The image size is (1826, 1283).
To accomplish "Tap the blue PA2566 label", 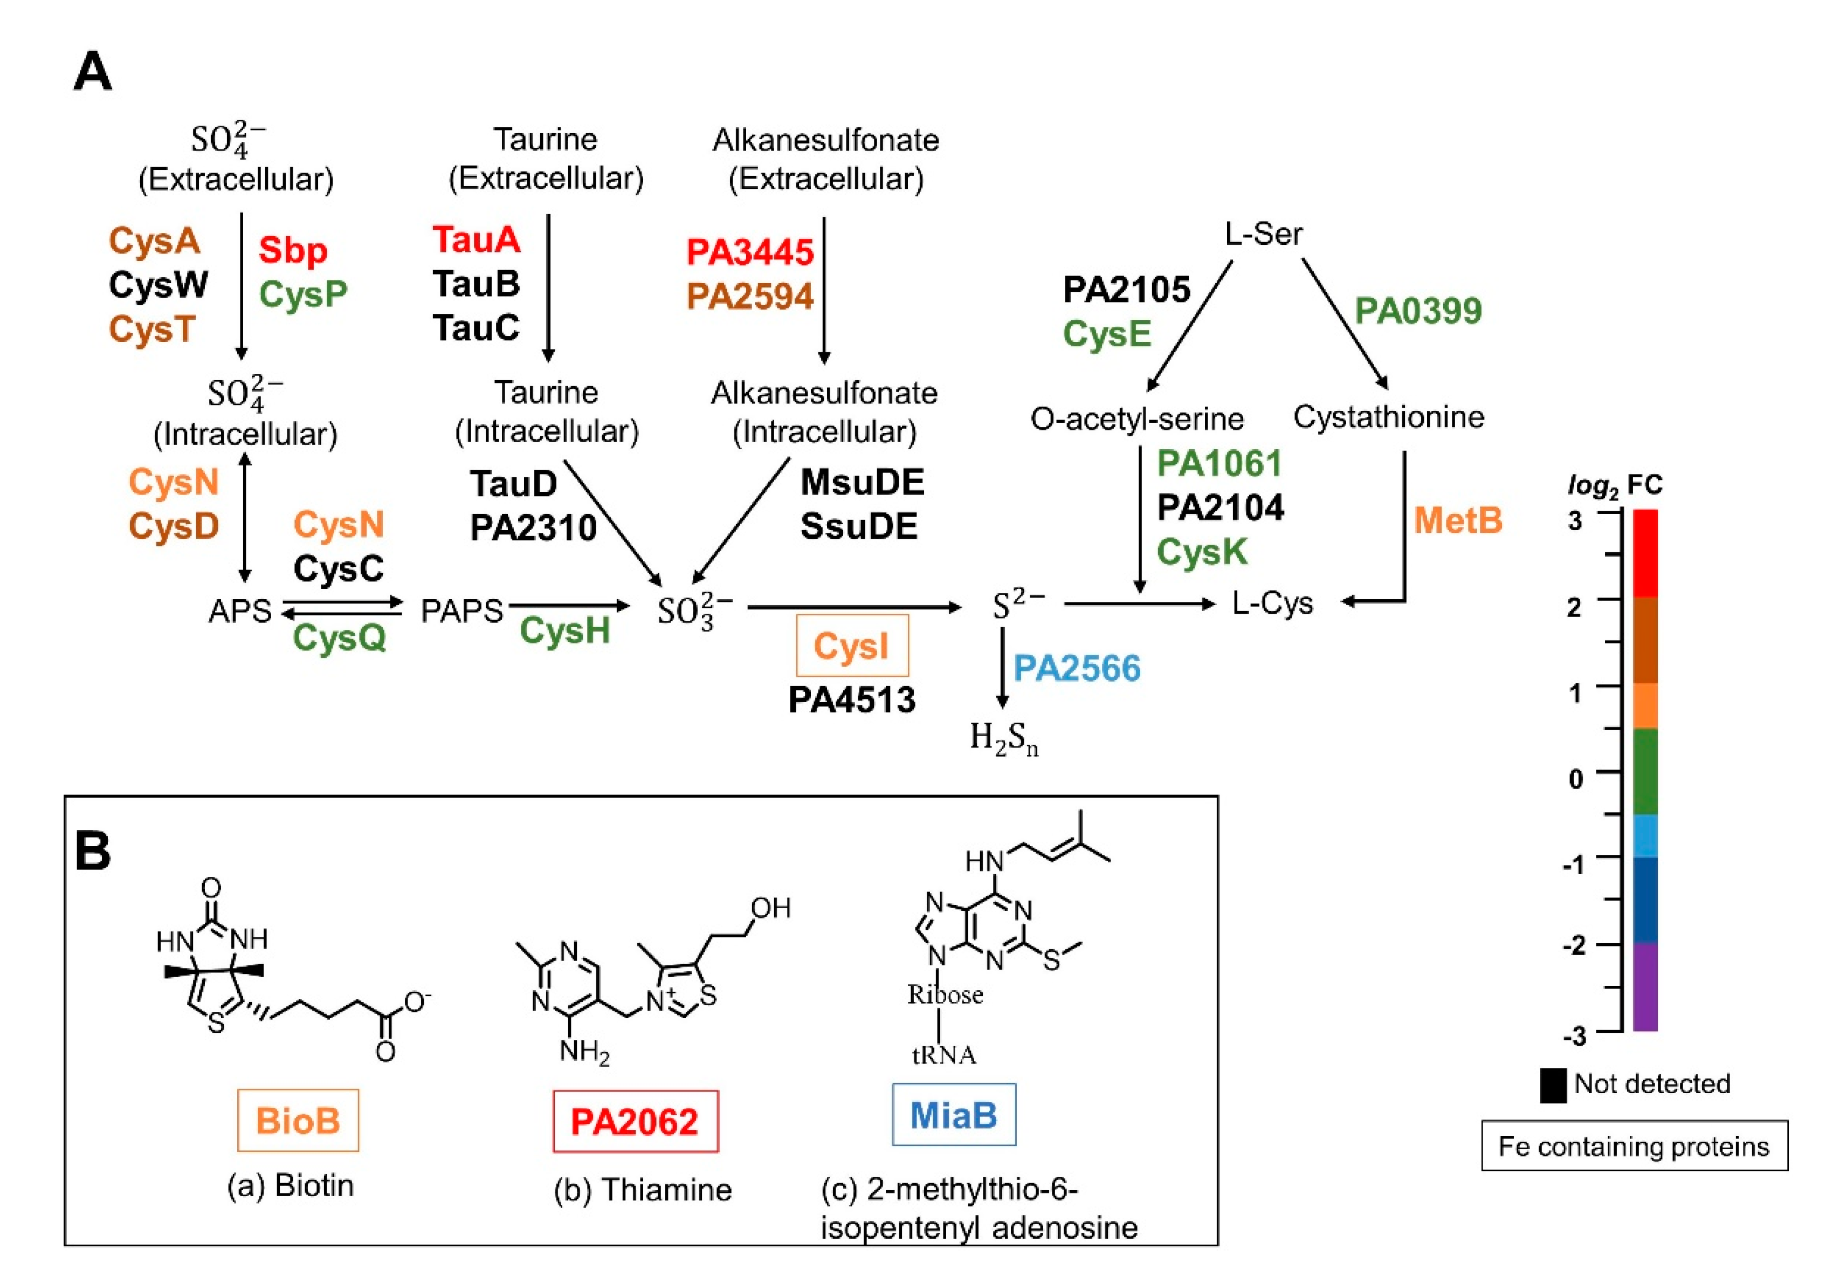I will tap(1076, 668).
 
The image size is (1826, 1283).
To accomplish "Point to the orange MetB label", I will tap(1457, 521).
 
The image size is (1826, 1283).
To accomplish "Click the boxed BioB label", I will tap(298, 1120).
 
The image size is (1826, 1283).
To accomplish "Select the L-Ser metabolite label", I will tap(1263, 234).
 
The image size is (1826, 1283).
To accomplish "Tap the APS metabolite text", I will tap(239, 611).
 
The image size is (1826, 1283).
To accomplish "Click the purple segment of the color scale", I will tap(1645, 986).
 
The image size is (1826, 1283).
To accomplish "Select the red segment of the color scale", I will tap(1645, 553).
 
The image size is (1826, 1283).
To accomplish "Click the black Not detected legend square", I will tap(1553, 1085).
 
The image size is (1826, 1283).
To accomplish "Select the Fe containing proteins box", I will tap(1634, 1145).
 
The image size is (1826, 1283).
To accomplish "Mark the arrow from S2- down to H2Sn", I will tap(1002, 668).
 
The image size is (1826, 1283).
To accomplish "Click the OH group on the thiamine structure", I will tap(770, 908).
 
